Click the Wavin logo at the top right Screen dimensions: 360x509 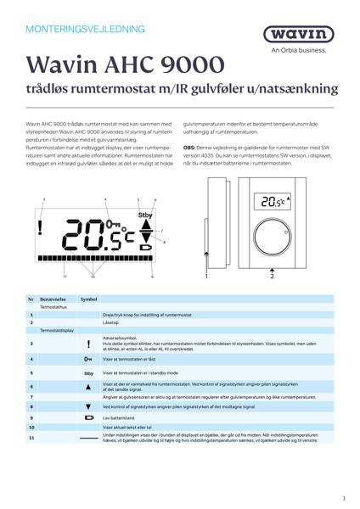click(x=305, y=36)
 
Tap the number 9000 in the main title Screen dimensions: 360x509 click(x=190, y=65)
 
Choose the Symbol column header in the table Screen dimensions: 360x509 click(x=88, y=299)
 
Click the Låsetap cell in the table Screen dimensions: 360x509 click(x=114, y=322)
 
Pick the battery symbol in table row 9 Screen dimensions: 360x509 click(x=88, y=418)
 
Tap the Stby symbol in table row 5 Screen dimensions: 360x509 click(x=88, y=372)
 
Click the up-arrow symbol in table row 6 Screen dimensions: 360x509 click(x=88, y=386)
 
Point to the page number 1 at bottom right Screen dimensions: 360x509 click(x=343, y=499)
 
